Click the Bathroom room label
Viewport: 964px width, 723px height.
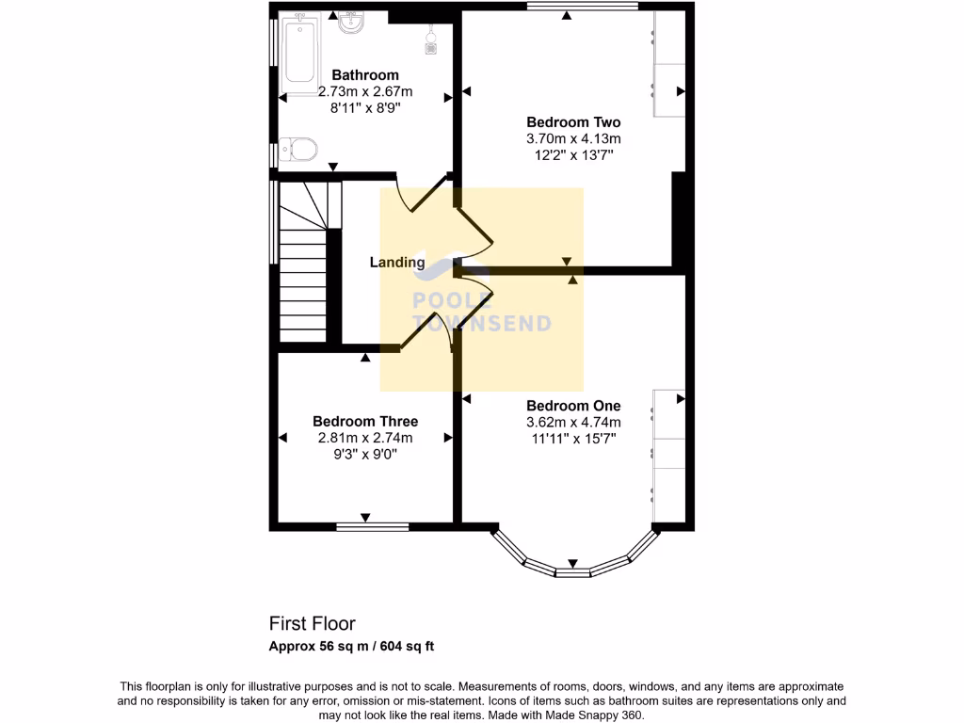coord(364,75)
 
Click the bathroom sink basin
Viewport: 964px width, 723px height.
coord(352,23)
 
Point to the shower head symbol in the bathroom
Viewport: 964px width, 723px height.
coord(432,40)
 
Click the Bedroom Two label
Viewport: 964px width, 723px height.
coord(573,122)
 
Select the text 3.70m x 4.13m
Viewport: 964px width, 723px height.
coord(573,138)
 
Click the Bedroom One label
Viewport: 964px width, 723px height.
coord(573,406)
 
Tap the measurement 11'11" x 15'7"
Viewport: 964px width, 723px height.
coord(573,438)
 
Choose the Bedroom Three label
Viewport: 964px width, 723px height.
coord(365,421)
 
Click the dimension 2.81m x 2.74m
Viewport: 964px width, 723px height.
coord(365,437)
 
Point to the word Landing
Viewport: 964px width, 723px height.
coord(396,263)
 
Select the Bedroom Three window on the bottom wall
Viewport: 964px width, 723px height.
coord(372,526)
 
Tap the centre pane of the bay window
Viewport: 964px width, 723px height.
coord(571,572)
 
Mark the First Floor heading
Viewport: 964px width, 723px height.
coord(313,623)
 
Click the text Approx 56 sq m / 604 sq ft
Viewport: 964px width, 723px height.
coord(351,646)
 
